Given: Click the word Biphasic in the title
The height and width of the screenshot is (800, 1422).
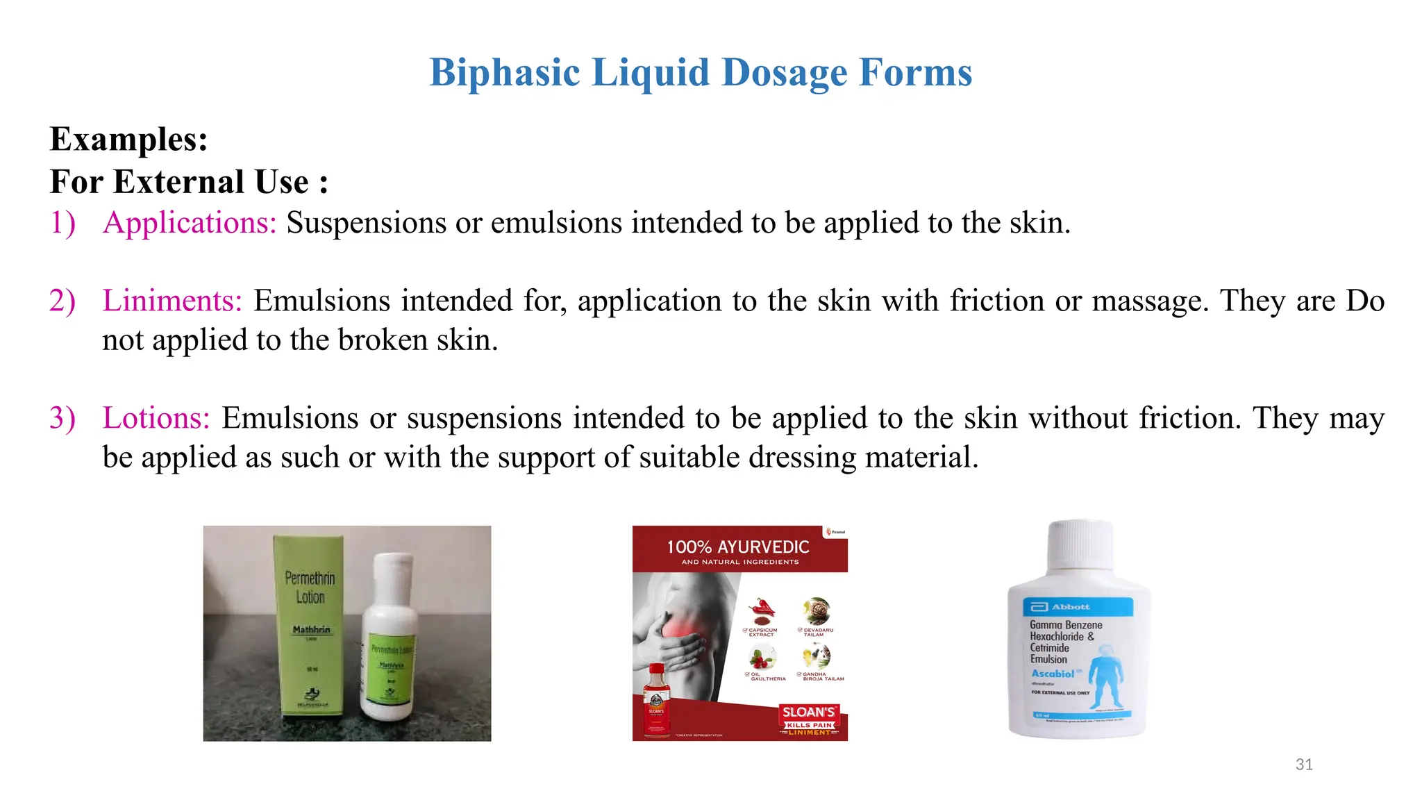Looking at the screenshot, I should pos(504,72).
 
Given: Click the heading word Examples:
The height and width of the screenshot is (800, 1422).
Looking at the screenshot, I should pos(128,139).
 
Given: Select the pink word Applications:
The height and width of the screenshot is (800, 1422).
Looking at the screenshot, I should pos(190,223).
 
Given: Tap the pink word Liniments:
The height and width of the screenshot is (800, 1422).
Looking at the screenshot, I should pos(172,301).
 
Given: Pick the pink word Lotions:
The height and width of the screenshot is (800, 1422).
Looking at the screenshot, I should pos(156,418).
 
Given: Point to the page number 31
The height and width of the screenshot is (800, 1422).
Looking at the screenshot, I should pos(1304,765).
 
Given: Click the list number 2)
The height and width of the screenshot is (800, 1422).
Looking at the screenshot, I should pos(62,301).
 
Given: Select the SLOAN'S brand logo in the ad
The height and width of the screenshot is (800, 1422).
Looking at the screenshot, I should pos(809,712).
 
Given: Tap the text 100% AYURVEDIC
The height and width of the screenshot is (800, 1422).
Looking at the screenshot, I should pos(738,547).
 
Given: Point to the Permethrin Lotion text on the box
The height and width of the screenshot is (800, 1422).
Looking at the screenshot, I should pos(310,587).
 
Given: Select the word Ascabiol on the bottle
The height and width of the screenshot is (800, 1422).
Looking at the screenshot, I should pos(1053,674).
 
